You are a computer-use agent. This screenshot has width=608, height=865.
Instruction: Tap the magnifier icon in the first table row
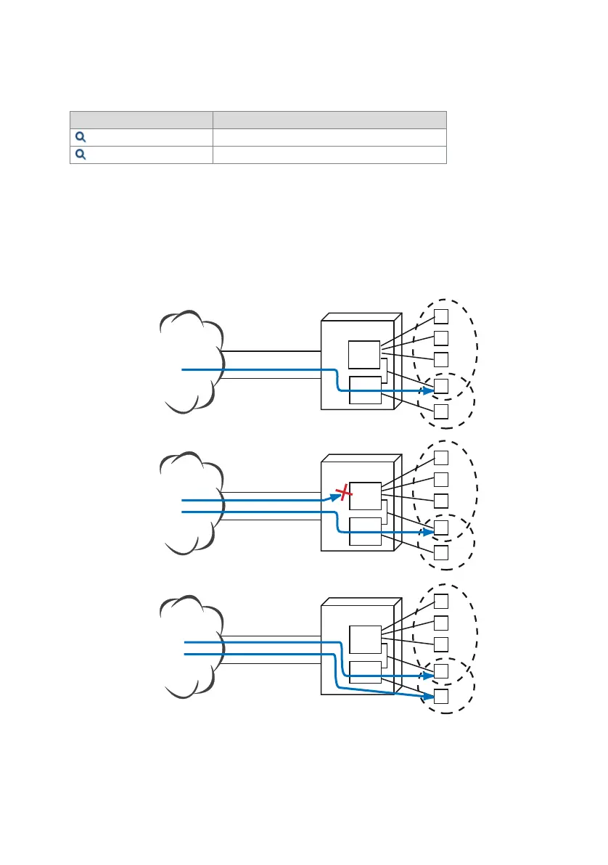click(80, 136)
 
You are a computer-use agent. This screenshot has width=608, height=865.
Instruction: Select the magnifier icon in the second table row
click(80, 154)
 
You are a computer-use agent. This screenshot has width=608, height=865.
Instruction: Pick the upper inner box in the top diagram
click(364, 353)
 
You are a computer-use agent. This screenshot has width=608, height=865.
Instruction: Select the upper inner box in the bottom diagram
click(364, 639)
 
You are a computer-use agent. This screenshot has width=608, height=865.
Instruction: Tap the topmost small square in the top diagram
click(441, 316)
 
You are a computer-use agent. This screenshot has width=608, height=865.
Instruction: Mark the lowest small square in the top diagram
click(441, 412)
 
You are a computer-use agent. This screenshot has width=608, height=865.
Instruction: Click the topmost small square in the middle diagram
click(441, 458)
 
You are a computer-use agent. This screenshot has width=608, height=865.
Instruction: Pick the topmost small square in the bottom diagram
click(441, 601)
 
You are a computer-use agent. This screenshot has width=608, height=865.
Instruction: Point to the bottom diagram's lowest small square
click(441, 697)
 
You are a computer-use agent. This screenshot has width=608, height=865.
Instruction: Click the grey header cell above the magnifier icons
click(141, 120)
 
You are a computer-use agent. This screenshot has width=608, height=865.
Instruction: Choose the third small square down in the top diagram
click(441, 359)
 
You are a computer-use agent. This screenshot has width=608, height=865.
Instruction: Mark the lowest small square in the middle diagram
click(441, 554)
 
